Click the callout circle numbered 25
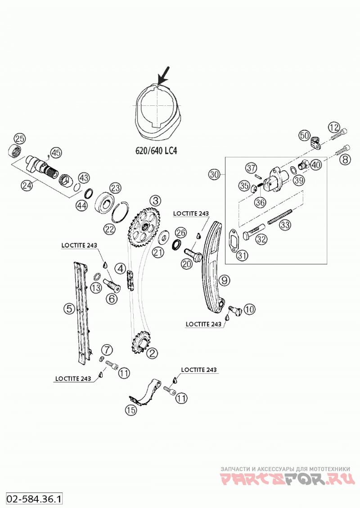click(19, 139)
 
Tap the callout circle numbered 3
click(155, 201)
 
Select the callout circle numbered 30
click(214, 175)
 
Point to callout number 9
click(225, 280)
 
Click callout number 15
click(131, 410)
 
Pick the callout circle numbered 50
click(304, 135)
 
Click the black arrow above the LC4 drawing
click(163, 76)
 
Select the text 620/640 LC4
click(156, 151)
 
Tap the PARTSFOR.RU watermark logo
click(285, 479)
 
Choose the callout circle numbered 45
click(56, 152)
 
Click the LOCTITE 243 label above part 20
click(191, 213)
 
